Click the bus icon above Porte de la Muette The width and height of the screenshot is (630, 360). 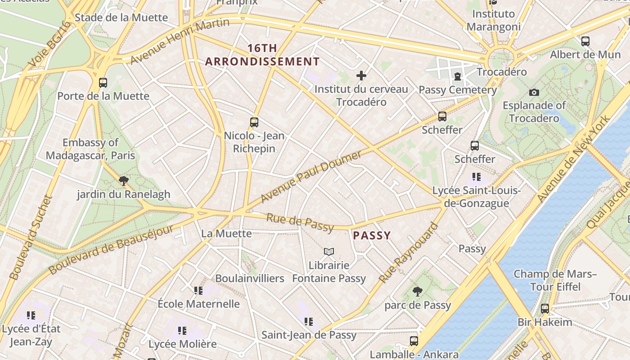pyautogui.click(x=103, y=83)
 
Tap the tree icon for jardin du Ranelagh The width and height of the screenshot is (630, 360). pyautogui.click(x=123, y=181)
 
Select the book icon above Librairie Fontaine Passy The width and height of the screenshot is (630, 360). pyautogui.click(x=329, y=252)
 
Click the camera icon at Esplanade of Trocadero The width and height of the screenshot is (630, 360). pyautogui.click(x=534, y=92)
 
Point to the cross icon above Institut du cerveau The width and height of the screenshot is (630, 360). pyautogui.click(x=361, y=76)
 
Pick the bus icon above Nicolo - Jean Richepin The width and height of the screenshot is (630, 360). pyautogui.click(x=254, y=122)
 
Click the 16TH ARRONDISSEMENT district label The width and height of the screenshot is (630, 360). pyautogui.click(x=262, y=55)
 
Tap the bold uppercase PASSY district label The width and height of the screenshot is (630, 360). pyautogui.click(x=372, y=235)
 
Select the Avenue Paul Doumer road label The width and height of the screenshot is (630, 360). pyautogui.click(x=311, y=176)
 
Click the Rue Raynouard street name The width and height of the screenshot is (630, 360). pyautogui.click(x=408, y=253)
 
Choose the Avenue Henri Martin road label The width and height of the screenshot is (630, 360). pyautogui.click(x=180, y=41)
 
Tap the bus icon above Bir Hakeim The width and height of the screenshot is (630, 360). pyautogui.click(x=545, y=309)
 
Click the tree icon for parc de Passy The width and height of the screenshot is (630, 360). pyautogui.click(x=418, y=292)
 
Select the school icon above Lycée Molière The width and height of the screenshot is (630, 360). pyautogui.click(x=182, y=331)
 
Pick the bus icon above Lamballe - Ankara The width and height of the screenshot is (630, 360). pyautogui.click(x=414, y=341)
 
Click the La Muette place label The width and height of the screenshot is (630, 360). pyautogui.click(x=226, y=234)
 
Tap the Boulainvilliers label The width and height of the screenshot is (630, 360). pyautogui.click(x=250, y=278)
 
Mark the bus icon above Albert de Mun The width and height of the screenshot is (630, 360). pyautogui.click(x=585, y=41)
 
